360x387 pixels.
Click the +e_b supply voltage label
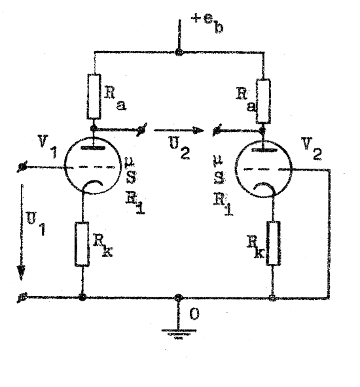pyautogui.click(x=207, y=24)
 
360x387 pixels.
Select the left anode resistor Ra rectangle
pyautogui.click(x=94, y=96)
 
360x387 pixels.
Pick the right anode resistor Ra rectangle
pyautogui.click(x=263, y=101)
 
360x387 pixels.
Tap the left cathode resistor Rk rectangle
pyautogui.click(x=82, y=244)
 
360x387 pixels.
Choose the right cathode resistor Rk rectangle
pyautogui.click(x=274, y=243)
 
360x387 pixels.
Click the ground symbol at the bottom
pyautogui.click(x=179, y=334)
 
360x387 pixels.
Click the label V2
pyautogui.click(x=312, y=148)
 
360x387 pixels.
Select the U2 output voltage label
pyautogui.click(x=179, y=148)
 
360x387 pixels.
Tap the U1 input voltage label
pyautogui.click(x=36, y=224)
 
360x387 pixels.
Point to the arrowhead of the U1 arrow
pyautogui.click(x=21, y=272)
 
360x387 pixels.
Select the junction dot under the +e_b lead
pyautogui.click(x=179, y=52)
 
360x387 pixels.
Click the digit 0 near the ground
pyautogui.click(x=194, y=314)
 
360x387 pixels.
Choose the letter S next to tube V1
pyautogui.click(x=131, y=177)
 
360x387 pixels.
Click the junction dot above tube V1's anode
pyautogui.click(x=94, y=128)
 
